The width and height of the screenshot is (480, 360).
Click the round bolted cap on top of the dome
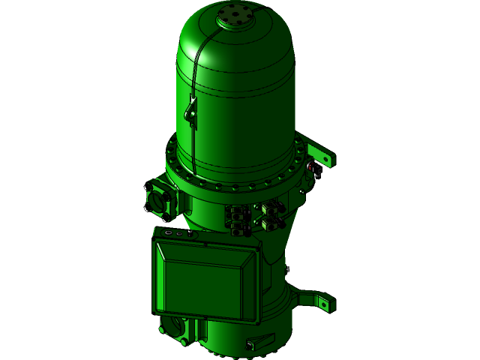235,17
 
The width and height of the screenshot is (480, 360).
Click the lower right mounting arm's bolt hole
323,304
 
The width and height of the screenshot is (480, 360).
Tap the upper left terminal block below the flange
238,212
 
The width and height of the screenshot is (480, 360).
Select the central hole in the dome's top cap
235,16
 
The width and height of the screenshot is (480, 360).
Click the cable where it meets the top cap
218,25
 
